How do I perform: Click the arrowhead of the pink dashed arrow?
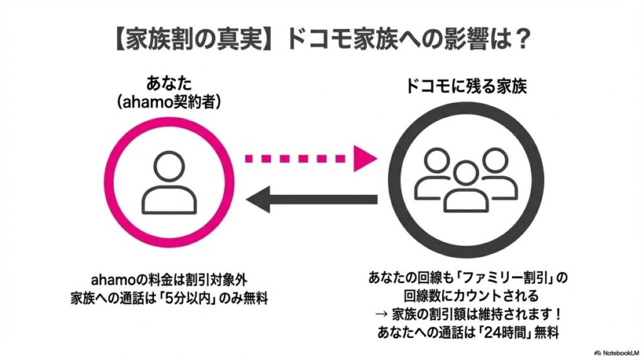[365, 157]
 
